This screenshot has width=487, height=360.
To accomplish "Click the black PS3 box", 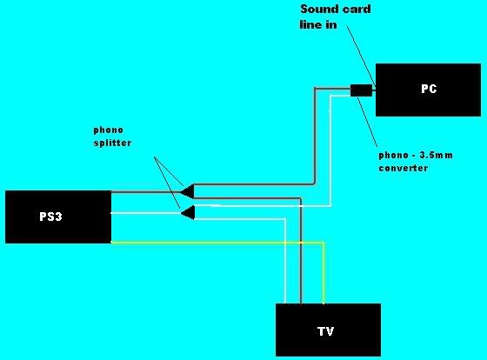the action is [x=58, y=217].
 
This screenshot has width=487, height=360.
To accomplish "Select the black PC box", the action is [x=428, y=90].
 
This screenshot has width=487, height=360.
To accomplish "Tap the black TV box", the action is [x=329, y=330].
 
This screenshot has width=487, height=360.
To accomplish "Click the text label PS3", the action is [x=50, y=217].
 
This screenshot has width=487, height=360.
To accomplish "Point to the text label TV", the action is [x=326, y=331].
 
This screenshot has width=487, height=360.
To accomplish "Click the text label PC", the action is [x=429, y=89].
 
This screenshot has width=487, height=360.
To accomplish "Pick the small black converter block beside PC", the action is [x=361, y=90].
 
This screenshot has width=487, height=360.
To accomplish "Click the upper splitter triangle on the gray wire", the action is [x=188, y=191].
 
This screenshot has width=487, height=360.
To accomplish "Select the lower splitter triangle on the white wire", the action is [x=188, y=213].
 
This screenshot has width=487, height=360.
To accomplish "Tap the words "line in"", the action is [x=318, y=25].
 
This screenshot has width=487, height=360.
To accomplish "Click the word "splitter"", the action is [x=112, y=143].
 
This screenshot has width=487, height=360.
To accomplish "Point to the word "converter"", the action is [x=404, y=168].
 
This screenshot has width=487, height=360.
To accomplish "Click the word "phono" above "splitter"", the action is [x=109, y=130].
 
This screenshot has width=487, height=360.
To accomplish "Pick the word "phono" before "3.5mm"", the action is [x=393, y=156].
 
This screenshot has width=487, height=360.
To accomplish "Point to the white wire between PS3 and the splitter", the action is [x=146, y=213].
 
